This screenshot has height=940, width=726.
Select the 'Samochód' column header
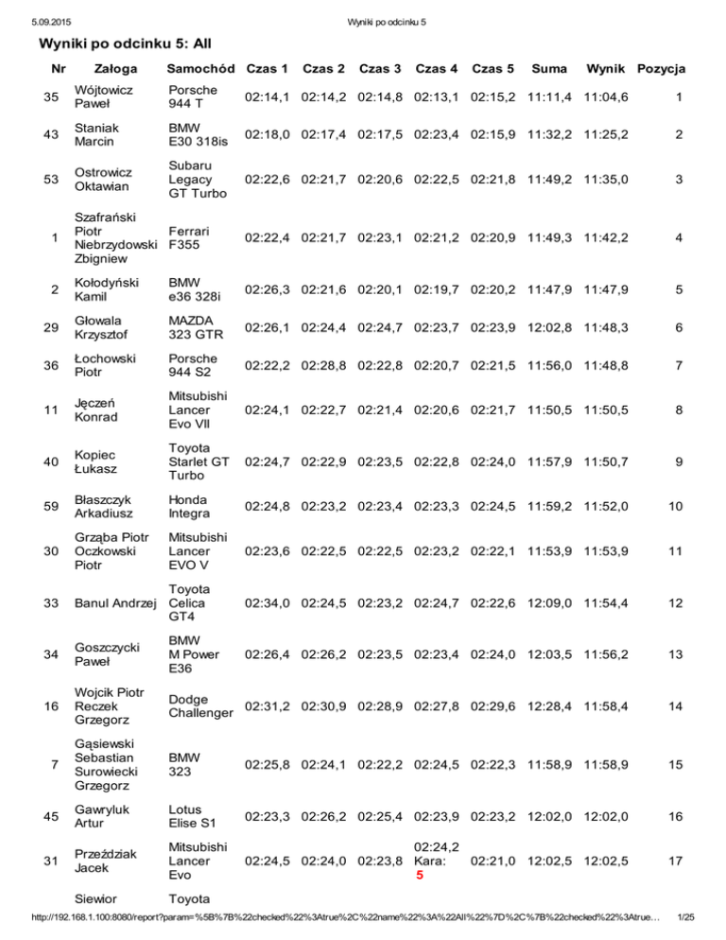(x=200, y=70)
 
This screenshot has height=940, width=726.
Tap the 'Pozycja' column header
(x=662, y=70)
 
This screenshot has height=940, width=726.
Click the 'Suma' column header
(x=549, y=70)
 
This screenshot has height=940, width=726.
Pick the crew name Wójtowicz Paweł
(x=99, y=96)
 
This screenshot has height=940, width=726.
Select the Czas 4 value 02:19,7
(x=437, y=284)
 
